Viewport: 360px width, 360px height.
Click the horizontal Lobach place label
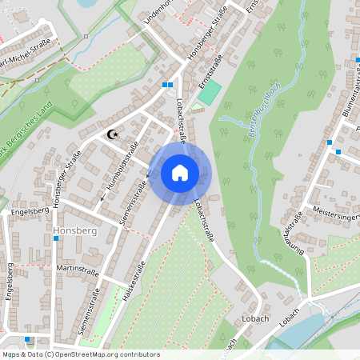[252, 318]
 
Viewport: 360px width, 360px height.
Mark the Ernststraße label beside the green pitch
[210, 67]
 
